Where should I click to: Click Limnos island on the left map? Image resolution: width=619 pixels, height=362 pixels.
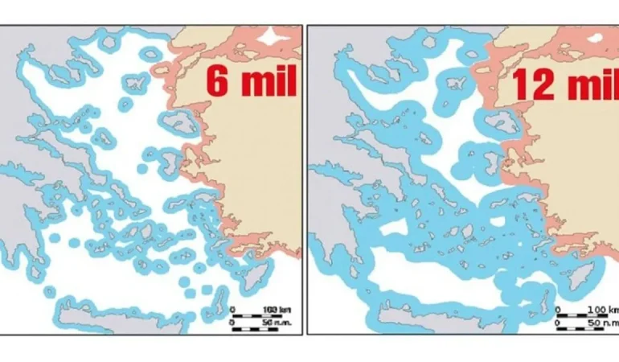(130, 83)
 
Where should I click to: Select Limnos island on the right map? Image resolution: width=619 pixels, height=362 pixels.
(455, 84)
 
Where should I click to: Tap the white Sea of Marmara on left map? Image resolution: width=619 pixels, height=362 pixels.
(278, 36)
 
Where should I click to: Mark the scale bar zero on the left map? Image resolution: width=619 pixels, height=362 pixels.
(233, 309)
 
